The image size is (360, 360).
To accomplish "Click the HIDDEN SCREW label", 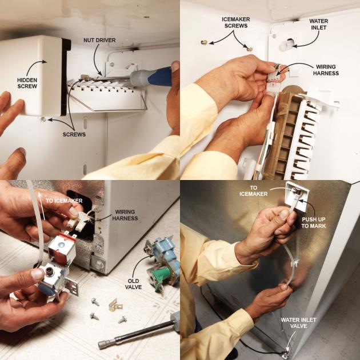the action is (x=27, y=83).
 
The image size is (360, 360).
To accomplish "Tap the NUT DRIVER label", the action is (x=99, y=40).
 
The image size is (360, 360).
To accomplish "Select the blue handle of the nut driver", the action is (x=160, y=77).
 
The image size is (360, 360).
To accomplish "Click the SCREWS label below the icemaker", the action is (x=74, y=134).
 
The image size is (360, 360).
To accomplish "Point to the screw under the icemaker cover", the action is (x=43, y=119).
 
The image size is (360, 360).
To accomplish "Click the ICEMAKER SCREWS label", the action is (x=236, y=22).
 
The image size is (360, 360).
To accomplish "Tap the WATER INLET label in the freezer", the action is (x=319, y=24).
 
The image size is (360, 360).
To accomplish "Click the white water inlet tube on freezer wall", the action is (x=286, y=45).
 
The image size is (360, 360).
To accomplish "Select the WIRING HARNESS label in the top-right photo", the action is (x=326, y=70).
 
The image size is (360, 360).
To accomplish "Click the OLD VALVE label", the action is (x=133, y=284).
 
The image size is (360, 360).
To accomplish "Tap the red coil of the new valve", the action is (x=62, y=248).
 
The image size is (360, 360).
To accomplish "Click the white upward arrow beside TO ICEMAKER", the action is (x=41, y=206).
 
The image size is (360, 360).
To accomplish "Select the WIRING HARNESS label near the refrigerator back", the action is (x=125, y=215).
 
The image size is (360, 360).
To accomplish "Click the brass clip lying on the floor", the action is (x=115, y=305).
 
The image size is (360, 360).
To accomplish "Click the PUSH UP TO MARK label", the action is (x=313, y=222).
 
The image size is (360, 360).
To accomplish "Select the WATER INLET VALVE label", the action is (x=298, y=323).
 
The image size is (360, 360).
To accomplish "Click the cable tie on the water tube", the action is (x=294, y=262).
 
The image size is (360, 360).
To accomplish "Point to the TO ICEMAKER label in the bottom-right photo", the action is (x=254, y=191).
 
